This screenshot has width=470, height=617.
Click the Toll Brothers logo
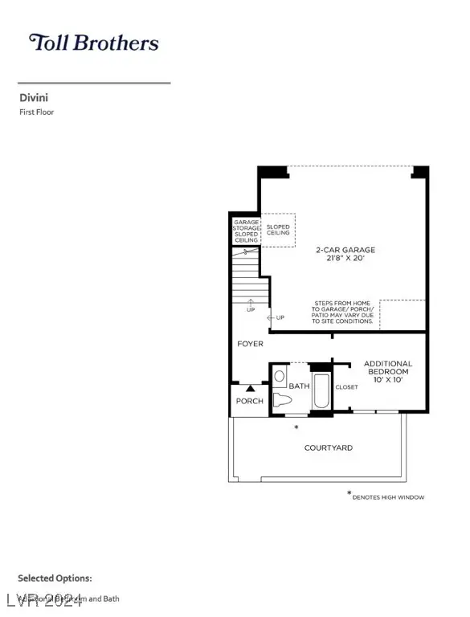(x=93, y=43)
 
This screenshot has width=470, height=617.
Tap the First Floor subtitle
(x=36, y=112)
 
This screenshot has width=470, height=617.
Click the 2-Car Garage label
(x=345, y=254)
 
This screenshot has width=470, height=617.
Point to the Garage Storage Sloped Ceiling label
(x=246, y=231)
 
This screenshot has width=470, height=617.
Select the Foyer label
(x=250, y=344)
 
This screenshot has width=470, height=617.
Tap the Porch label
(x=249, y=401)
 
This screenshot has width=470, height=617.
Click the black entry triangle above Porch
(x=249, y=389)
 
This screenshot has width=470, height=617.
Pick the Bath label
(x=299, y=386)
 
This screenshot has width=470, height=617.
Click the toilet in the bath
(x=282, y=400)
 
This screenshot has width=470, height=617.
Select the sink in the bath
(x=279, y=376)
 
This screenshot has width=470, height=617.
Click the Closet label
(x=346, y=387)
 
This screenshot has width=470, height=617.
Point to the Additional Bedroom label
(x=388, y=372)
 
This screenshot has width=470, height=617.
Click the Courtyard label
(x=328, y=447)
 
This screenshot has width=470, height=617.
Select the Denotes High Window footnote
(x=388, y=496)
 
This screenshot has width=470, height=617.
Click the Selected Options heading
(x=55, y=578)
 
